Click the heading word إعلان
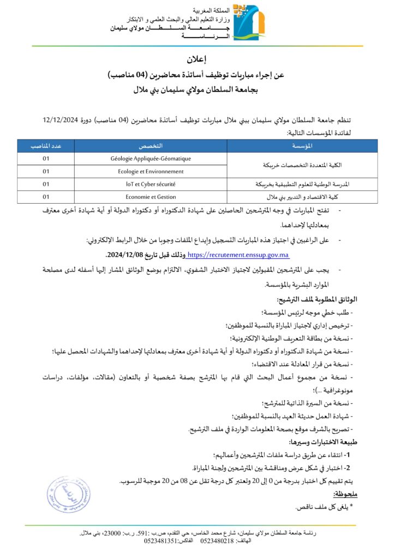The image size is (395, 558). (x=197, y=59)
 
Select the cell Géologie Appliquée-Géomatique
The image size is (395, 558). (x=151, y=159)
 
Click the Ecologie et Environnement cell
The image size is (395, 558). (x=151, y=171)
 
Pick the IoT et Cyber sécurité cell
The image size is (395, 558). (x=151, y=184)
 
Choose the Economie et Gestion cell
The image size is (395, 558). (x=151, y=197)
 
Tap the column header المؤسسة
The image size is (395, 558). (x=302, y=145)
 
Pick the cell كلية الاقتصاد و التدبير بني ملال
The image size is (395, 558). (x=302, y=197)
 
